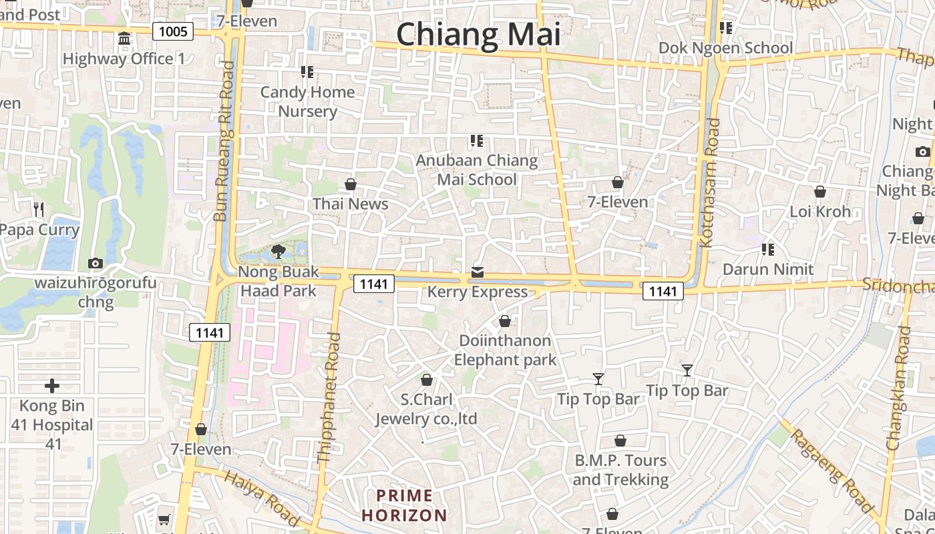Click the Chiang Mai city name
pyautogui.click(x=478, y=33)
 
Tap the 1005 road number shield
pyautogui.click(x=173, y=31)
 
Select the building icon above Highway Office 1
pyautogui.click(x=124, y=39)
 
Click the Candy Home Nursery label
pyautogui.click(x=307, y=101)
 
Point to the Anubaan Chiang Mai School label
pyautogui.click(x=477, y=170)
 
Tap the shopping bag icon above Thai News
pyautogui.click(x=351, y=184)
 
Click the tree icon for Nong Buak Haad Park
pyautogui.click(x=278, y=252)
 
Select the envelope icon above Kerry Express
pyautogui.click(x=478, y=272)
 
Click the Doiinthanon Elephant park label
pyautogui.click(x=505, y=350)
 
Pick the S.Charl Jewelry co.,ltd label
pyautogui.click(x=426, y=409)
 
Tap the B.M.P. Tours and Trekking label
pyautogui.click(x=620, y=470)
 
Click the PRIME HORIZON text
pyautogui.click(x=404, y=505)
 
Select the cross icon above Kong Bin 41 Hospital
pyautogui.click(x=52, y=386)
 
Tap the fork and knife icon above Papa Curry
pyautogui.click(x=39, y=210)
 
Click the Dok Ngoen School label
pyautogui.click(x=725, y=48)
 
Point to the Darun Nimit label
pyautogui.click(x=768, y=270)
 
